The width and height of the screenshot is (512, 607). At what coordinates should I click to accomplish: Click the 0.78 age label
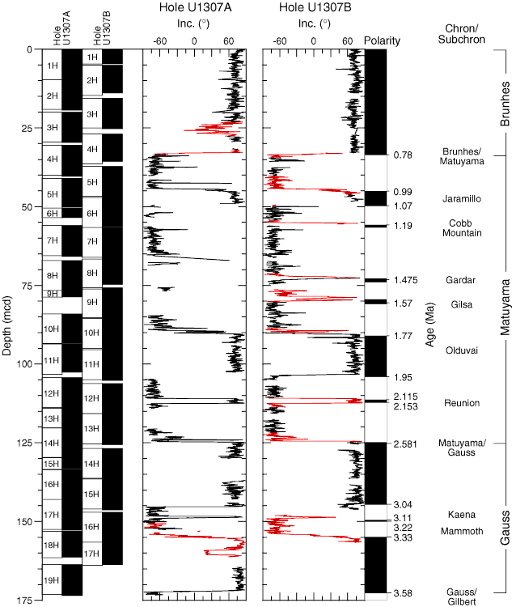(403, 155)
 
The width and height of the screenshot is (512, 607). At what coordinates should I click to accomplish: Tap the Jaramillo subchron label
(440, 198)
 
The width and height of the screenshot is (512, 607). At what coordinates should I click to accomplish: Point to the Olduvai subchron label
(440, 350)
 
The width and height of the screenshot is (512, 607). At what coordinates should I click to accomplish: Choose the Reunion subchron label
(440, 403)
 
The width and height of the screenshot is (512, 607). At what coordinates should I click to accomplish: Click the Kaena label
(440, 514)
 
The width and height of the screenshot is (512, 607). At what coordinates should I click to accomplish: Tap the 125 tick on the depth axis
(28, 443)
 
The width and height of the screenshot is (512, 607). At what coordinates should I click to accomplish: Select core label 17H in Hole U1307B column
(91, 554)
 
